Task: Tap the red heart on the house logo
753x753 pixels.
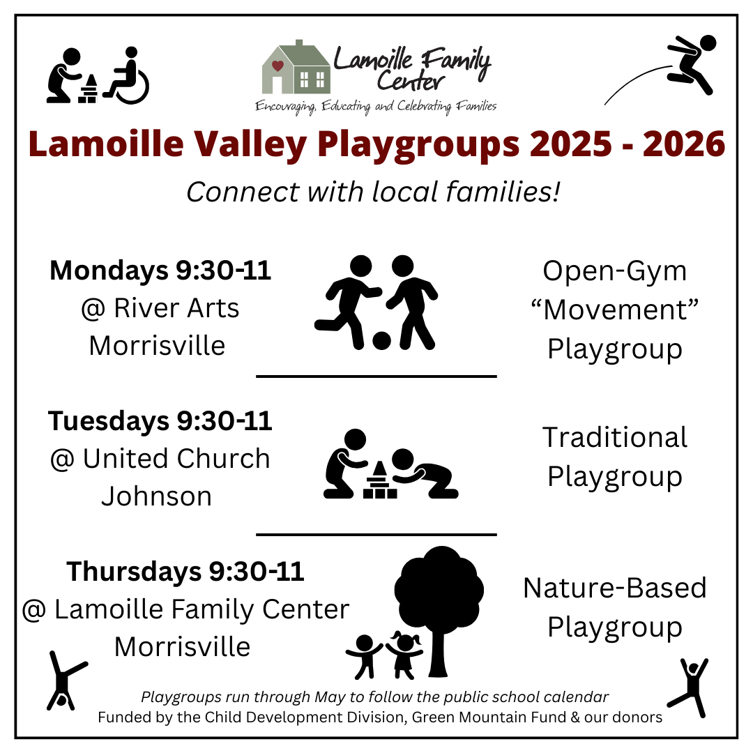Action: (x=277, y=66)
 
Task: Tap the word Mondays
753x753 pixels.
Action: (x=109, y=271)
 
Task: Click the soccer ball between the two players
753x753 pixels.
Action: (x=381, y=340)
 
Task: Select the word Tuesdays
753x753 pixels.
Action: (x=109, y=421)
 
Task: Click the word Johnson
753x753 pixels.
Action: (x=157, y=496)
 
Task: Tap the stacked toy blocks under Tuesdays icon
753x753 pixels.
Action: (x=380, y=480)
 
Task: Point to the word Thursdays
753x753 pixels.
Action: (x=134, y=572)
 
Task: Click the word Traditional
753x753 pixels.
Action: (x=615, y=437)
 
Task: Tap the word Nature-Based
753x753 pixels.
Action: (x=615, y=588)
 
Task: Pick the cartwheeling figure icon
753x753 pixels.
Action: (x=66, y=680)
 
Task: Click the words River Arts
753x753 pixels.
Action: (x=176, y=308)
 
